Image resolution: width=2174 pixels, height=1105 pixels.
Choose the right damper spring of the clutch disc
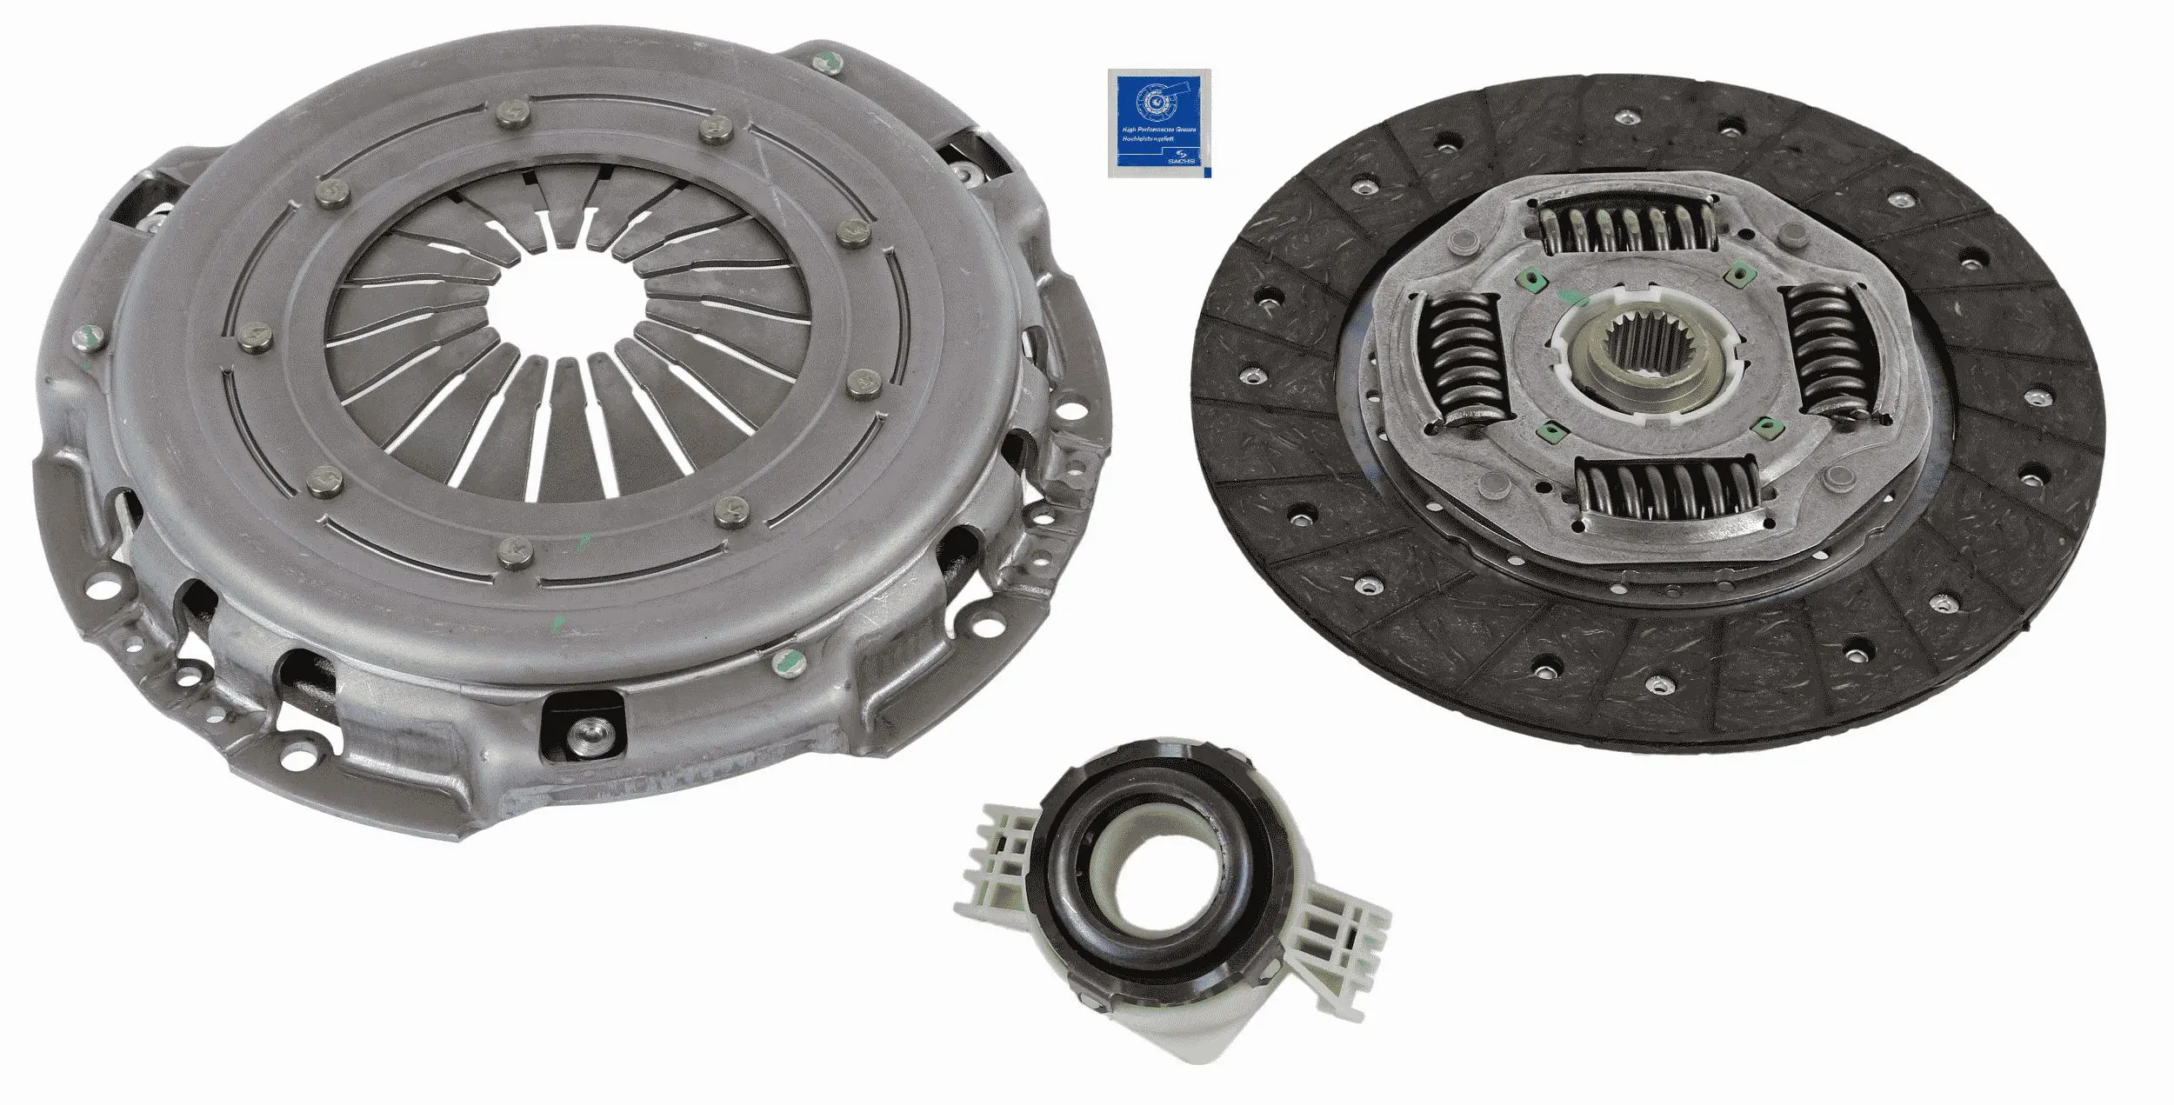click(1817, 352)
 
